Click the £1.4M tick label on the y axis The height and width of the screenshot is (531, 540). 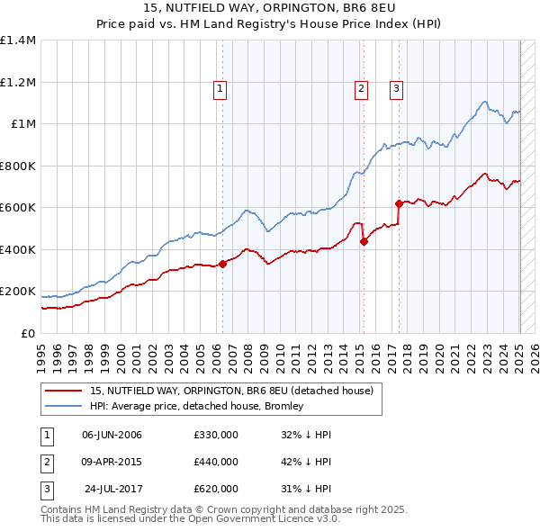pyautogui.click(x=18, y=40)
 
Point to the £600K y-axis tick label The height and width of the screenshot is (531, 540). pyautogui.click(x=18, y=208)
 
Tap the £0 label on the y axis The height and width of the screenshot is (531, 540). pyautogui.click(x=27, y=333)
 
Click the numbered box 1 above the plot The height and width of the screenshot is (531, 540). pyautogui.click(x=220, y=88)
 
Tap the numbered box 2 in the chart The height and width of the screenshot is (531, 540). pyautogui.click(x=361, y=88)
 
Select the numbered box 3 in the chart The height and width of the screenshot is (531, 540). pyautogui.click(x=396, y=88)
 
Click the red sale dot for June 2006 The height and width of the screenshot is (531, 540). pyautogui.click(x=222, y=264)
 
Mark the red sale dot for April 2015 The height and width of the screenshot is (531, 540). pyautogui.click(x=364, y=241)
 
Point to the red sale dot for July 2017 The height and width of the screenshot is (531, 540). pyautogui.click(x=399, y=203)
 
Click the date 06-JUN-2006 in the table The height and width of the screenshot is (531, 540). pyautogui.click(x=112, y=435)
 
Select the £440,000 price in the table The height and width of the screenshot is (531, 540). pyautogui.click(x=216, y=462)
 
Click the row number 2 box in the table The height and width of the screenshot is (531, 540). pyautogui.click(x=45, y=462)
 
